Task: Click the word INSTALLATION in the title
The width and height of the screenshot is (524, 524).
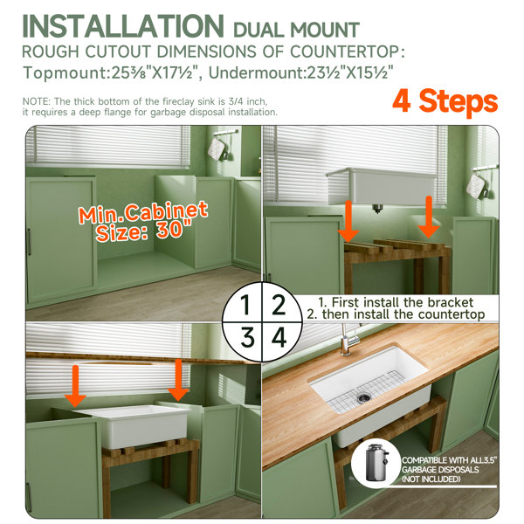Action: pos(123,26)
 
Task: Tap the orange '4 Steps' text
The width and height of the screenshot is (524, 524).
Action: pos(445,101)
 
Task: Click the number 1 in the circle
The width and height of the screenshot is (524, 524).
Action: pos(245,305)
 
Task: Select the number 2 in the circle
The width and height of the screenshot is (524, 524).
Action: pos(279,305)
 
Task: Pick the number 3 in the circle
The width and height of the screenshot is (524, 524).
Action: pos(248,338)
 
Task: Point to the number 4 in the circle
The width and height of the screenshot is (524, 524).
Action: pos(279,337)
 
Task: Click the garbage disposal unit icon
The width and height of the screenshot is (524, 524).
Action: pos(376,463)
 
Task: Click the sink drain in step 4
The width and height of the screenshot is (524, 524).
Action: pos(363,397)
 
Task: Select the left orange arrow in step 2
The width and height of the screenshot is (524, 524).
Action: pos(348,221)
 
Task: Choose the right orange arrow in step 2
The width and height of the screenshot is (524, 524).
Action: pos(429,217)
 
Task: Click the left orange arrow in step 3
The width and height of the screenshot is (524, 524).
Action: pos(75,386)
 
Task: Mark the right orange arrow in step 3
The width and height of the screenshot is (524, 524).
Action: pos(178,380)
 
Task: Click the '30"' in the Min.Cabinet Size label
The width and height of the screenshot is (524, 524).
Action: pos(174,229)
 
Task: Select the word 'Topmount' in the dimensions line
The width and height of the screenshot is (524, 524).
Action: pos(65,72)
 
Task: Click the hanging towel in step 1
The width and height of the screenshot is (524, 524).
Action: pos(217,149)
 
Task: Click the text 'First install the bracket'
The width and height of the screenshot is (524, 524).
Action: pos(403,302)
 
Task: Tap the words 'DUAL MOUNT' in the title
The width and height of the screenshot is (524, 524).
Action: pos(296,30)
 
